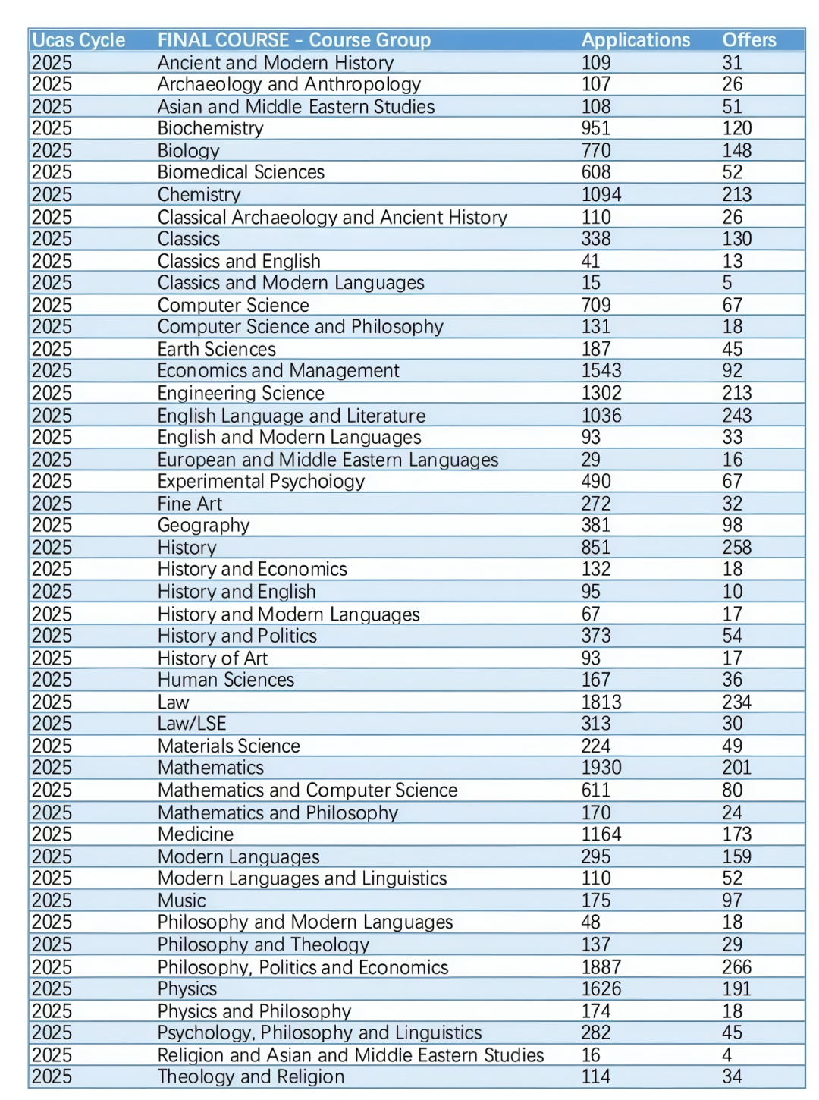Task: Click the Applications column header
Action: click(635, 40)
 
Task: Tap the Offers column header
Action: click(748, 40)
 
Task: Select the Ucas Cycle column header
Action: click(79, 40)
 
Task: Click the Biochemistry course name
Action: click(210, 128)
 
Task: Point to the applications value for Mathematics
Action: click(601, 768)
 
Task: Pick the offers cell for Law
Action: click(736, 702)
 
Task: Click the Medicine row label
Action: click(196, 834)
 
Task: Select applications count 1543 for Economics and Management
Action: click(601, 371)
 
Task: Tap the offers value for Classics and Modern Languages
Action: click(727, 283)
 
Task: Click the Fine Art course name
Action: click(190, 504)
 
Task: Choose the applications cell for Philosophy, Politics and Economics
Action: click(601, 967)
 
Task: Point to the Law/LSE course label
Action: click(192, 724)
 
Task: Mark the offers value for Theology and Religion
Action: click(732, 1076)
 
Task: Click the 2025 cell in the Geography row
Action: click(52, 525)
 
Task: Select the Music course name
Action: click(181, 900)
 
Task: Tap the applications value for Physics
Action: click(601, 989)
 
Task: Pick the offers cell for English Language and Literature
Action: click(736, 416)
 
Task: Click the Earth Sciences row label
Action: click(216, 349)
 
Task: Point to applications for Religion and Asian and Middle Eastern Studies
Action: click(591, 1055)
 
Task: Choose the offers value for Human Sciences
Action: click(732, 680)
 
